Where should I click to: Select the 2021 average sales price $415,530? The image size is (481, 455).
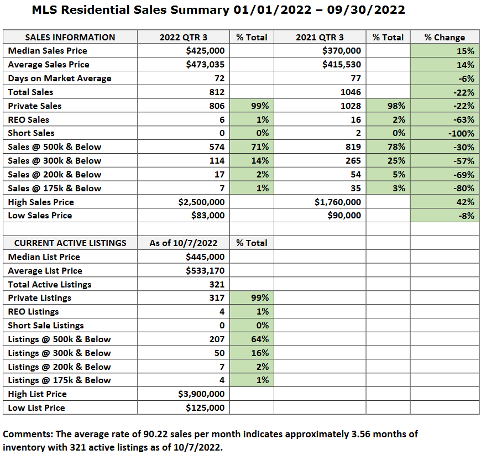pos(342,65)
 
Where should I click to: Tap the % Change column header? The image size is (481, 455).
pos(445,37)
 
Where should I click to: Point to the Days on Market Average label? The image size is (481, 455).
pos(60,79)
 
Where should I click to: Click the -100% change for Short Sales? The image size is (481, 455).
pos(461,133)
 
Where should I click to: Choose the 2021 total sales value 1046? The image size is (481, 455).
pos(351,92)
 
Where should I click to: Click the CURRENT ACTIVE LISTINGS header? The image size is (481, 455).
pos(70,243)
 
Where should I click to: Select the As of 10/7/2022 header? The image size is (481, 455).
pos(183,243)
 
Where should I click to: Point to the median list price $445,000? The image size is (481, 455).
pos(206,257)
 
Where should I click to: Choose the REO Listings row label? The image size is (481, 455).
pos(33,312)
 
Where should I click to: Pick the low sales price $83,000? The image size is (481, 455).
pos(209,216)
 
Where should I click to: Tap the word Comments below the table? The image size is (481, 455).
pos(24,434)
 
